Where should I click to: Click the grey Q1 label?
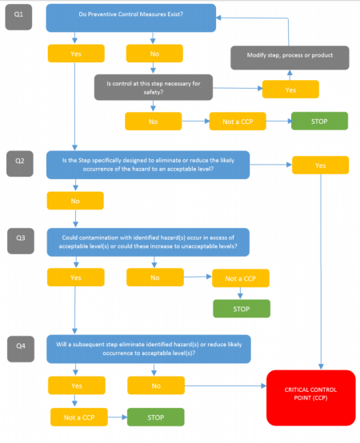click(x=19, y=16)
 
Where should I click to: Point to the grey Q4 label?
click(x=19, y=347)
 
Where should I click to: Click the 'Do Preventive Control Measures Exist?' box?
click(x=130, y=17)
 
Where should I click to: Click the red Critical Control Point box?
click(x=310, y=397)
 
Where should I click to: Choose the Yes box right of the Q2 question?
click(x=319, y=165)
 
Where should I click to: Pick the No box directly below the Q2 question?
click(x=75, y=200)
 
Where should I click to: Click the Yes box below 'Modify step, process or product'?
click(x=290, y=90)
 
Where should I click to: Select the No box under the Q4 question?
click(x=155, y=385)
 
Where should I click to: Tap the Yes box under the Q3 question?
click(x=75, y=277)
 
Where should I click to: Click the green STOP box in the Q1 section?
click(x=318, y=121)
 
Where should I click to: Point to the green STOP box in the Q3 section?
click(x=241, y=308)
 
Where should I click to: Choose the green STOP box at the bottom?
click(x=155, y=417)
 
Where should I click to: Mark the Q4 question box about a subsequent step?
click(x=148, y=349)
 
